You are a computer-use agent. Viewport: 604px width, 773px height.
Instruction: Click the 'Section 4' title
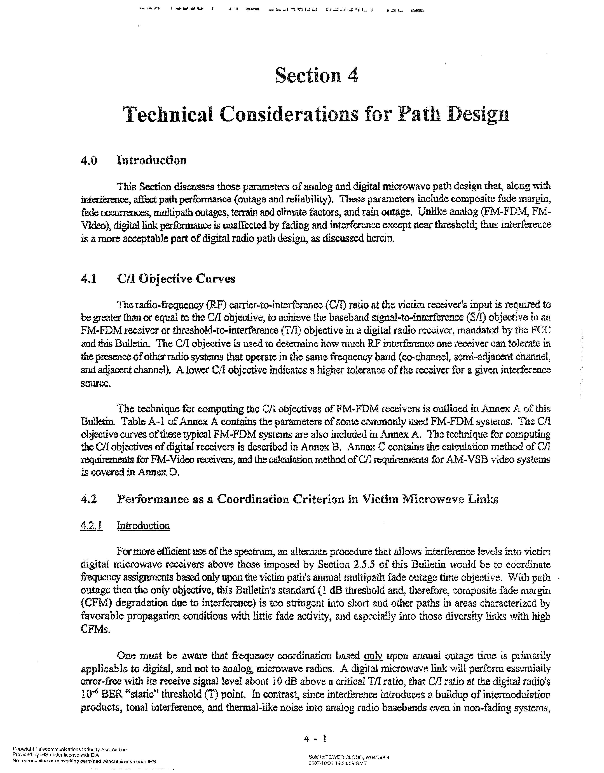[x=316, y=75]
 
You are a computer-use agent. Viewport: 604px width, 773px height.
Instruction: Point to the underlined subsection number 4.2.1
[x=92, y=526]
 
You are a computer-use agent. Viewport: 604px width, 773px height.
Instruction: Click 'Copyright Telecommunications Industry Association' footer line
[x=70, y=749]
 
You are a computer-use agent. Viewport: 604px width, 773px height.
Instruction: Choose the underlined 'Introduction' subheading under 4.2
[x=143, y=526]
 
